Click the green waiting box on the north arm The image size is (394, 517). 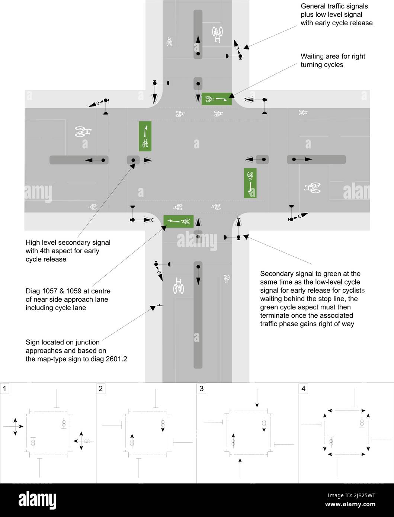pos(217,99)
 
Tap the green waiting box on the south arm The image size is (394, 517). pos(179,221)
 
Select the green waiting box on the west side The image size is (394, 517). pos(145,136)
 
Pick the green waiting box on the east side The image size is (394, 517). pos(250,183)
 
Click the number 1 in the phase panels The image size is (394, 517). pos(4,388)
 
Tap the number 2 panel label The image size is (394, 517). pos(100,388)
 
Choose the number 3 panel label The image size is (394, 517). pos(201,388)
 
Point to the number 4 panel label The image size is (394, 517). pos(303,388)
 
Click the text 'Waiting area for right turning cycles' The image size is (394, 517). pos(333,60)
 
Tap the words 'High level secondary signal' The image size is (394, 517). pos(68,243)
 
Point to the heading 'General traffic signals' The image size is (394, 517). pos(334,6)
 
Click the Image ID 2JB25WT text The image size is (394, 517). pos(351,495)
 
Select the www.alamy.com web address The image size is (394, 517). pos(350,504)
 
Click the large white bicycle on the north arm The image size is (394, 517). pos(217,34)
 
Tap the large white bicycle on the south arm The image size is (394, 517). pos(179,286)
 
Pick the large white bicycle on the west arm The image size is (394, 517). pos(83,132)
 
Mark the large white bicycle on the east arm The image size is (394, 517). pos(312,188)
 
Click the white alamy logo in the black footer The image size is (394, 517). pos(38,500)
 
